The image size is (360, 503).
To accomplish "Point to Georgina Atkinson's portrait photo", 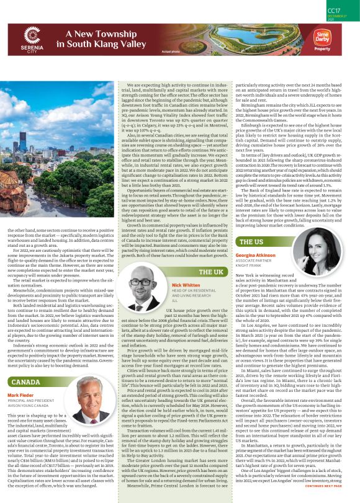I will (326, 250).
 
